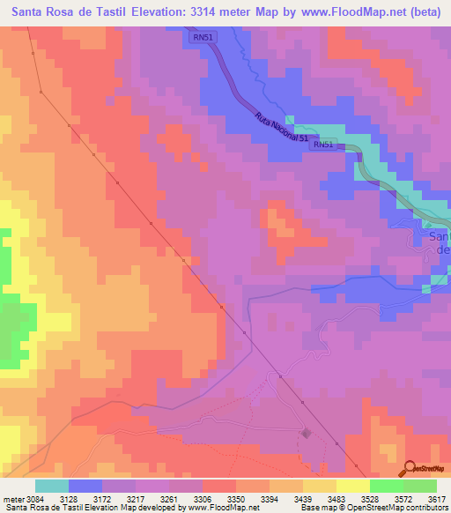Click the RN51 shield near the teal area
(x=323, y=145)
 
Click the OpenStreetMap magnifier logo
(x=409, y=469)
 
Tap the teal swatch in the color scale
(x=52, y=486)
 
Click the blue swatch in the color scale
(x=85, y=486)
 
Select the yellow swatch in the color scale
(x=352, y=486)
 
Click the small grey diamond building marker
(x=306, y=433)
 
